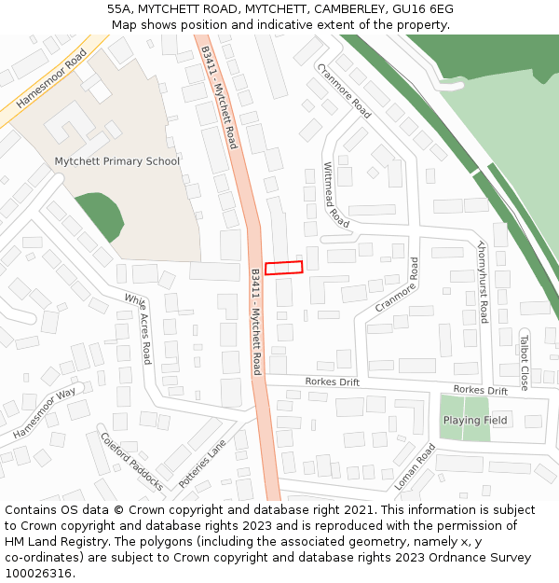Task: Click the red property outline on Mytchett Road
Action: click(x=283, y=268)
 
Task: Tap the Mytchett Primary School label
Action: click(x=116, y=161)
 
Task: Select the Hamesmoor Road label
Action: click(x=51, y=80)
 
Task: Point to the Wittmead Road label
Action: click(x=335, y=194)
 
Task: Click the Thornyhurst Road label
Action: click(x=483, y=282)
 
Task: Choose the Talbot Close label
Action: click(x=524, y=362)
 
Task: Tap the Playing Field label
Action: click(x=475, y=420)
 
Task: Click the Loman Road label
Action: click(x=415, y=466)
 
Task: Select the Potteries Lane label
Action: click(x=202, y=464)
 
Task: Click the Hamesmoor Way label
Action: click(x=45, y=413)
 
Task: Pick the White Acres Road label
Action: click(x=139, y=328)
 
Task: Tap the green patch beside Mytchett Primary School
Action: click(x=98, y=216)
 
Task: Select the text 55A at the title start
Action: click(x=120, y=9)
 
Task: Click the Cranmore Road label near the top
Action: click(x=344, y=90)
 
